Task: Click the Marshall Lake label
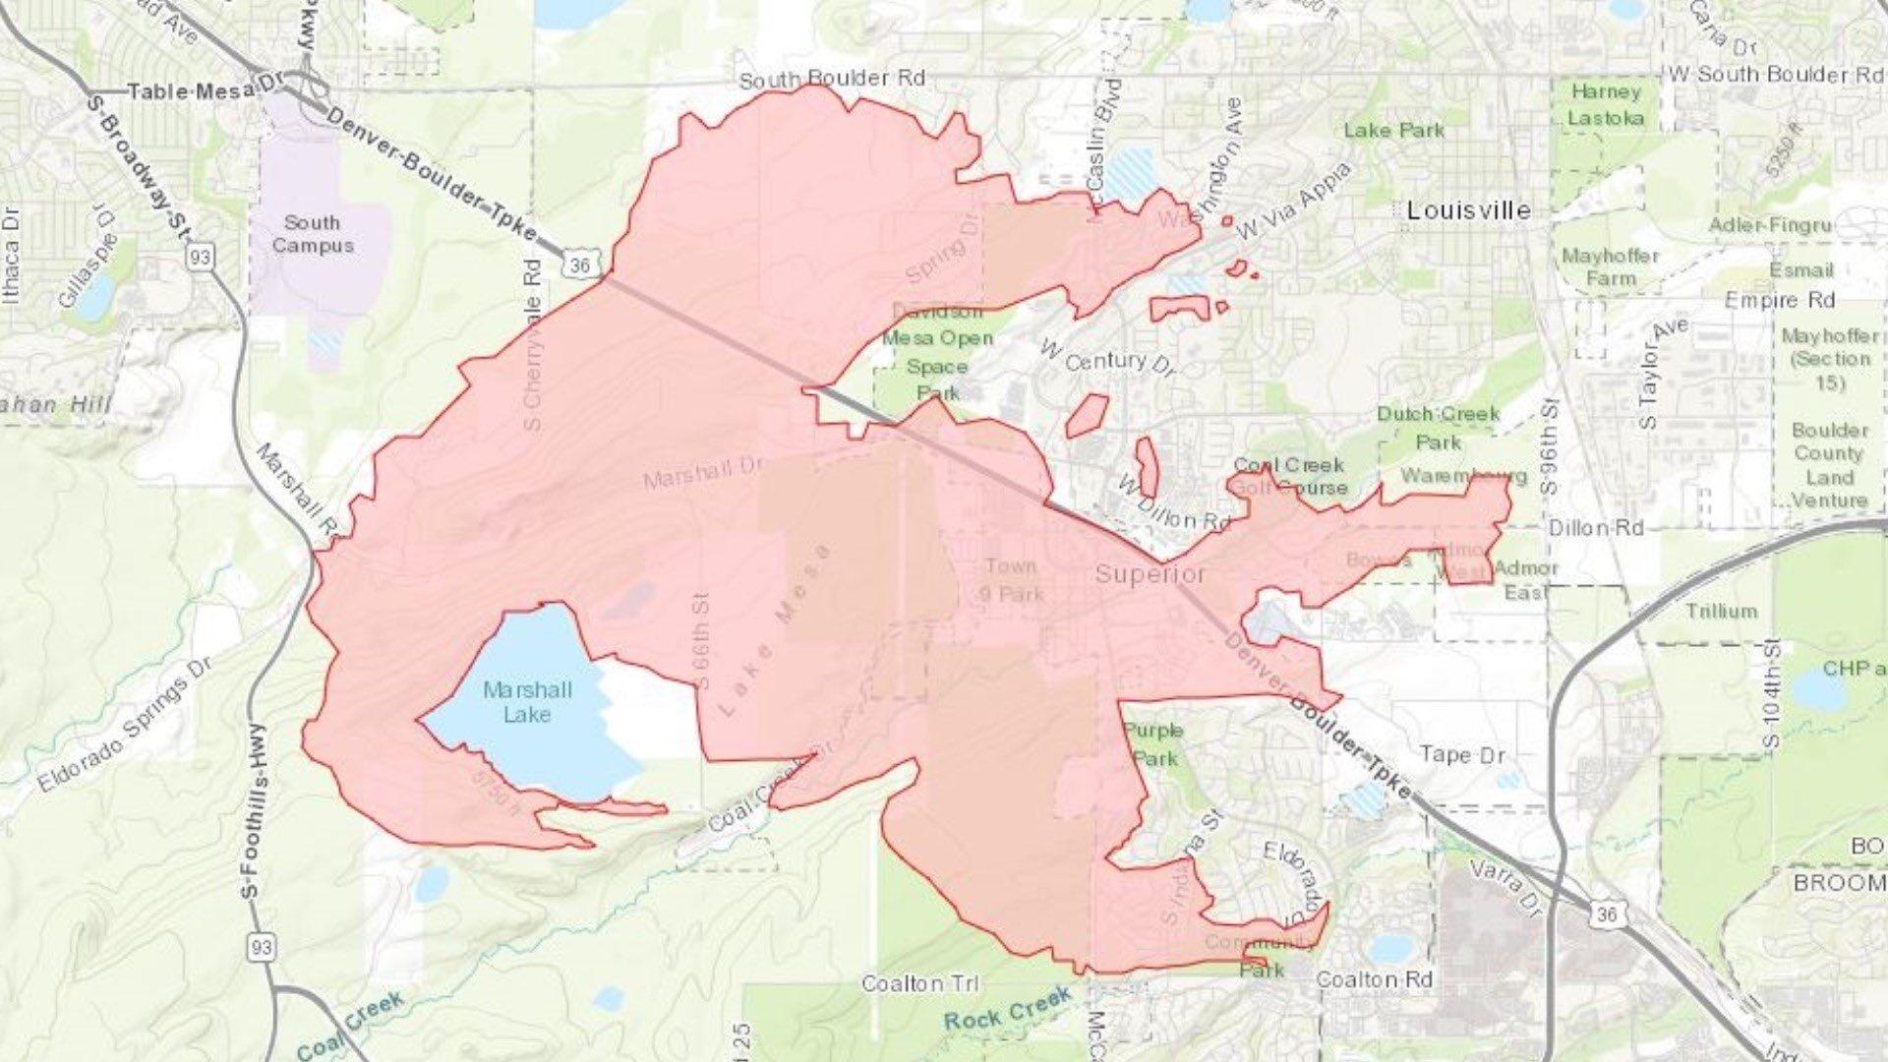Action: (527, 702)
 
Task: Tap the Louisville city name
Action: (1469, 210)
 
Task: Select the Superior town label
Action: (1150, 573)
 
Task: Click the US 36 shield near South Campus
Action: (579, 265)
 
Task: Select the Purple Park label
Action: (1153, 744)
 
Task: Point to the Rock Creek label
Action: (1007, 1010)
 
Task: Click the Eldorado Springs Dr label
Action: (126, 725)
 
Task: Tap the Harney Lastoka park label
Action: (1606, 104)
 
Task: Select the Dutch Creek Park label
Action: (1439, 428)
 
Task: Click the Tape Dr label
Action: (1462, 754)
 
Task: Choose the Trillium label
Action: (1721, 611)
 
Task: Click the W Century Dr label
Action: (1107, 360)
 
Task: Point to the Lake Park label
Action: (1394, 130)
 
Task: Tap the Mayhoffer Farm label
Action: (1610, 266)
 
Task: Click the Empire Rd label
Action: (1780, 300)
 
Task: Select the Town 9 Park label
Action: (1011, 579)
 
